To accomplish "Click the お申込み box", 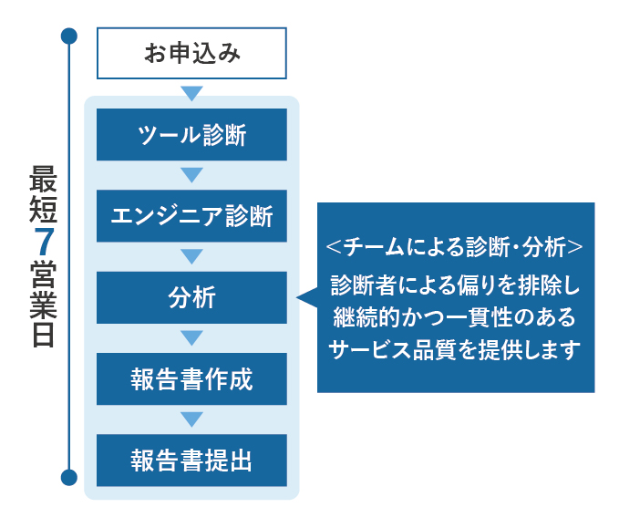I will pos(191,53).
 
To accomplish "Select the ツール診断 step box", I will pos(191,135).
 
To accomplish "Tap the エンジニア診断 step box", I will pos(191,216).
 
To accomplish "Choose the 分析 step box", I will pos(191,297).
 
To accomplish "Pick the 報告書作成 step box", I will pos(191,378).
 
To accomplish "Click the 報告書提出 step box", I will pos(191,460).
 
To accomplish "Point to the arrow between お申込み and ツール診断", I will pos(191,93).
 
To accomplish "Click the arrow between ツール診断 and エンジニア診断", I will pos(191,175).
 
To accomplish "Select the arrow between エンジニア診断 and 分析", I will pos(191,256).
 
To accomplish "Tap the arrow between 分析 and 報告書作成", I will pos(191,338).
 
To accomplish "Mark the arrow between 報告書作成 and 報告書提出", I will pos(191,419).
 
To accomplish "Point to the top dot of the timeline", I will pos(68,36).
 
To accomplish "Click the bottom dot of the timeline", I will pos(68,477).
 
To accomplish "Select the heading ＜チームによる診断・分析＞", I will pos(455,246).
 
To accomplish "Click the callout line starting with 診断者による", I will pos(455,285).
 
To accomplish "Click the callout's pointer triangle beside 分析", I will pos(306,297).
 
